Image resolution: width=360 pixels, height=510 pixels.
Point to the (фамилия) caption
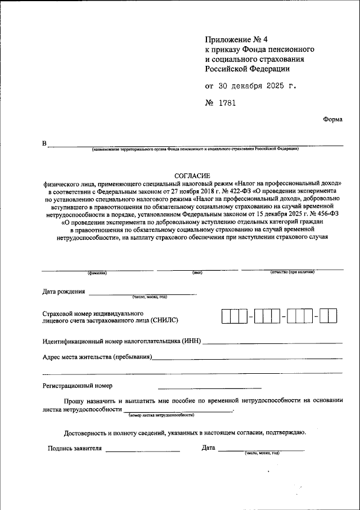97,273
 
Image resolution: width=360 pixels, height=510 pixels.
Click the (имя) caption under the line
197,273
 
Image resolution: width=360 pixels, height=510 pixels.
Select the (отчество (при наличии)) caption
292,272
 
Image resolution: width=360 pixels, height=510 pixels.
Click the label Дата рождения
64,292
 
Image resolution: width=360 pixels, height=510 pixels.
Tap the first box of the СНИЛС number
226,317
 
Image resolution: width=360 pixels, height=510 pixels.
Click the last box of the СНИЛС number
332,317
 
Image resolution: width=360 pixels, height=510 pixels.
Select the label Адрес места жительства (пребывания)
97,357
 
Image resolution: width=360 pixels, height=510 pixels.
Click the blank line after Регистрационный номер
209,387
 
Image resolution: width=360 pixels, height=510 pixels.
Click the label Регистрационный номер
77,386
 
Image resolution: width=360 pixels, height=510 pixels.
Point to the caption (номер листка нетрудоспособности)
161,415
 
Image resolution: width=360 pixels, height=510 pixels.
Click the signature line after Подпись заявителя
142,450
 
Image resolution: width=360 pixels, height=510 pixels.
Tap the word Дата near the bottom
208,448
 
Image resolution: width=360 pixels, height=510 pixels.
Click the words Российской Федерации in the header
247,69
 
